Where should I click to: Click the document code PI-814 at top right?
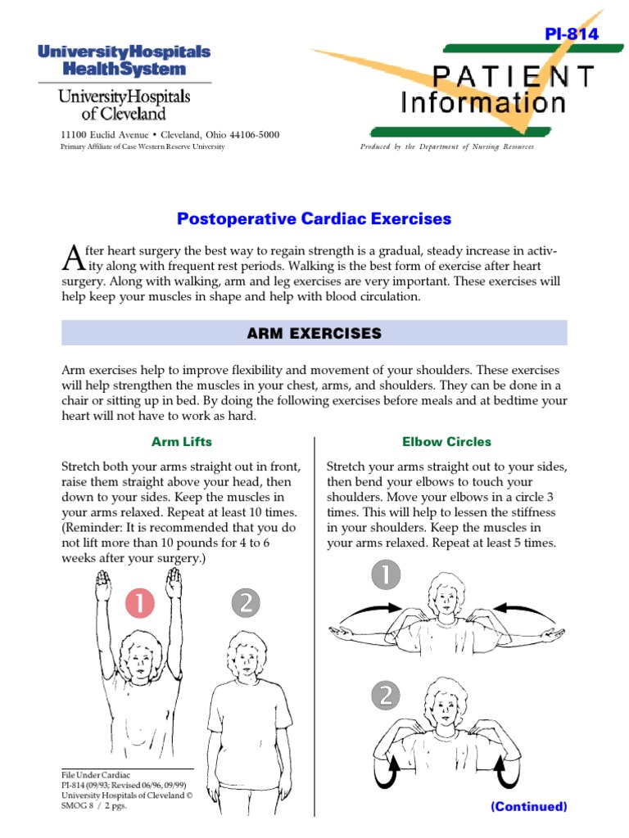click(x=571, y=34)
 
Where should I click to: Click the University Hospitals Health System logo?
click(x=123, y=61)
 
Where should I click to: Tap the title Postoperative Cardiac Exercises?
click(x=314, y=219)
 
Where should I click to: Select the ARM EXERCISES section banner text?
click(x=314, y=333)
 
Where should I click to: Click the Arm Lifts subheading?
click(x=182, y=442)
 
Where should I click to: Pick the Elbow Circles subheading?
click(x=446, y=442)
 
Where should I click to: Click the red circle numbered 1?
click(x=140, y=604)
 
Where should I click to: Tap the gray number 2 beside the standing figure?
click(x=245, y=604)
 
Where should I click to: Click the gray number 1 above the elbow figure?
click(x=387, y=574)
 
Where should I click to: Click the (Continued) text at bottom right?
click(x=528, y=806)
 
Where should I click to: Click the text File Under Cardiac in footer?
click(x=96, y=774)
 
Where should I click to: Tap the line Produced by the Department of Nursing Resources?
click(x=447, y=146)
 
